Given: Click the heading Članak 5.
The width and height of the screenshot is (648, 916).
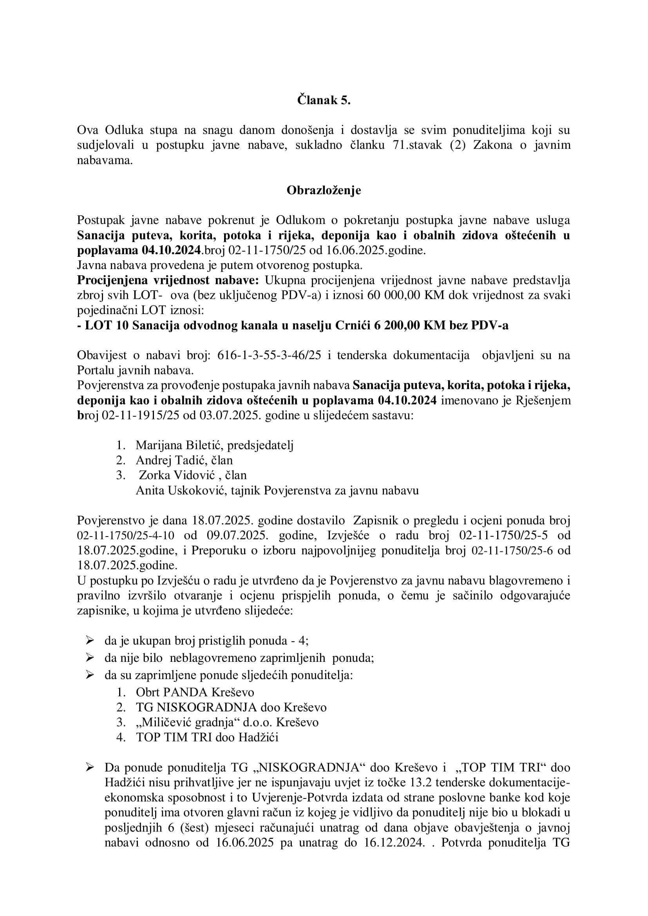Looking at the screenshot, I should click(x=324, y=100).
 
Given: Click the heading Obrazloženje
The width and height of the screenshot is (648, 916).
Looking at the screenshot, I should click(x=324, y=190).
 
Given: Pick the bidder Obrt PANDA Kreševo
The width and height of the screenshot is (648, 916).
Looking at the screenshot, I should click(x=195, y=692).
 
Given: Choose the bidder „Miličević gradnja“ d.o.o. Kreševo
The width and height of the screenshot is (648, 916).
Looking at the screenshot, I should click(x=227, y=723).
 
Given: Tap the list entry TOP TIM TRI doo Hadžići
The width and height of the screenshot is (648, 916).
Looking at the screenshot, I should click(x=207, y=737).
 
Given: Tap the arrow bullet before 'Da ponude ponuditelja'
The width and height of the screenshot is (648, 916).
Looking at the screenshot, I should click(x=90, y=767).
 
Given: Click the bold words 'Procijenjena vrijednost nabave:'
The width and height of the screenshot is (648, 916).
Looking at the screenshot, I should click(x=168, y=280).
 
